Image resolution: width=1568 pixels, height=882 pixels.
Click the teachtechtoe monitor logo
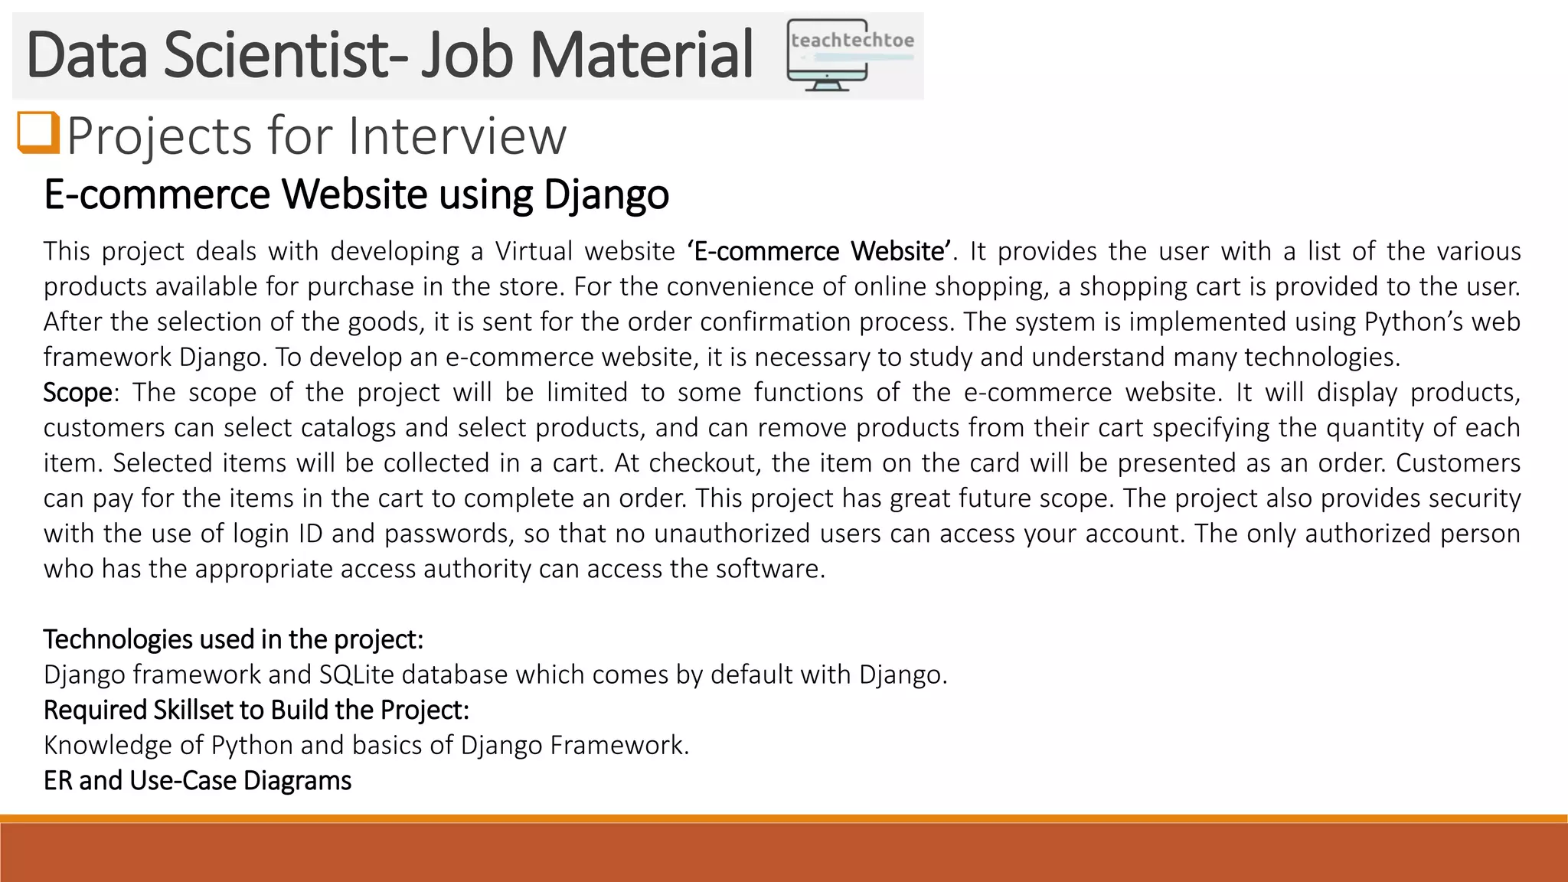point(850,55)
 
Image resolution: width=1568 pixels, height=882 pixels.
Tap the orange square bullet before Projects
point(38,133)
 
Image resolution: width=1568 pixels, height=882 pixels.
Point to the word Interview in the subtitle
point(457,136)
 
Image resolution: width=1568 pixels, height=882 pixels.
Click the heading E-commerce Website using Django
point(356,194)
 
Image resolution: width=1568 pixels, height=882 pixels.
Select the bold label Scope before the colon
point(77,392)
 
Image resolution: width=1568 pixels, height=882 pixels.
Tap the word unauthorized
point(732,533)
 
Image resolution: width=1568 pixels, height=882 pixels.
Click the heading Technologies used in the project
point(234,639)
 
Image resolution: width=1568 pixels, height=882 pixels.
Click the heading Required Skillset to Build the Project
point(256,710)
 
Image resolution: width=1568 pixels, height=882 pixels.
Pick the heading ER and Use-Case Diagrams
point(198,780)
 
